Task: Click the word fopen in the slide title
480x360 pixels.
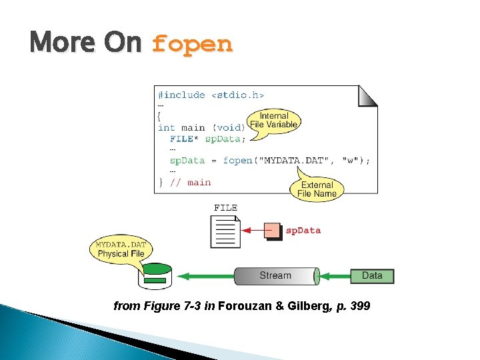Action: point(192,44)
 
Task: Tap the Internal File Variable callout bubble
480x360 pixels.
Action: point(274,121)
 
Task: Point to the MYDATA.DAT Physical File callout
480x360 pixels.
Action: point(120,249)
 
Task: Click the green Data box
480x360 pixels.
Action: point(372,275)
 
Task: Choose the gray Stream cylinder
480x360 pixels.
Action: point(276,275)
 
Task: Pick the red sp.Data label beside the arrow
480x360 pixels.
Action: point(303,231)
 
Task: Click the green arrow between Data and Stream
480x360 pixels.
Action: point(335,275)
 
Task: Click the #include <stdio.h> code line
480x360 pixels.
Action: point(211,95)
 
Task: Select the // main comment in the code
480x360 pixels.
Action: point(191,182)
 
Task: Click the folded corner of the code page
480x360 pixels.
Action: point(368,96)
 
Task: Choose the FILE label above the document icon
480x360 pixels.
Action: point(225,208)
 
